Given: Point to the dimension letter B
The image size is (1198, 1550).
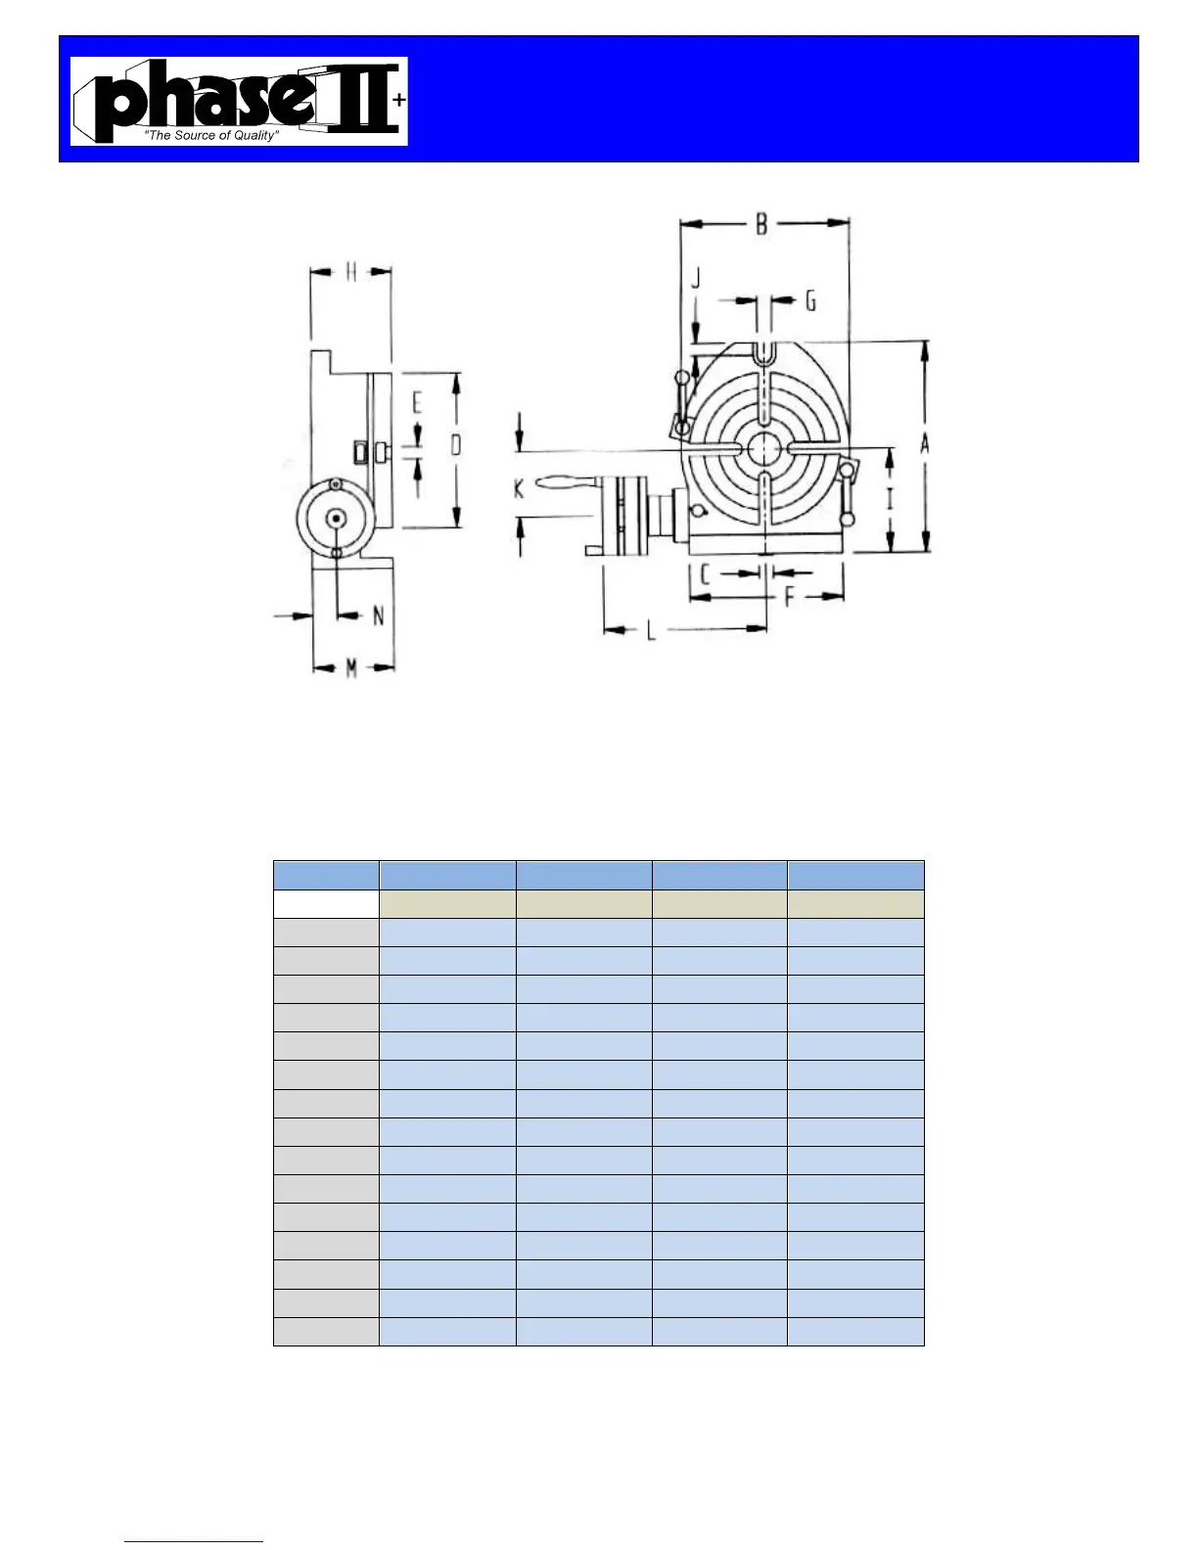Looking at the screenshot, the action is coord(762,225).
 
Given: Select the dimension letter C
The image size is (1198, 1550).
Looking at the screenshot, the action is coord(705,574).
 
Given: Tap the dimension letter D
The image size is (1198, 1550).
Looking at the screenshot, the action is coord(456,445).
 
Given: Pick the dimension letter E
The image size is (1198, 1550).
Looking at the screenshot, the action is coord(417,404).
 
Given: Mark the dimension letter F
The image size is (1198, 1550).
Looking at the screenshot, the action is coord(790,597).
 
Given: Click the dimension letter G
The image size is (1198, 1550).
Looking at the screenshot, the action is coord(811,301).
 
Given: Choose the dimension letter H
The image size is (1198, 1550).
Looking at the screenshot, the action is coord(351,272).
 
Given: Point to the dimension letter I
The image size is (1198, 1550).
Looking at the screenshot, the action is coord(890,501).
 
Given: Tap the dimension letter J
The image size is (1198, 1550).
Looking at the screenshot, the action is coord(697,278).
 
